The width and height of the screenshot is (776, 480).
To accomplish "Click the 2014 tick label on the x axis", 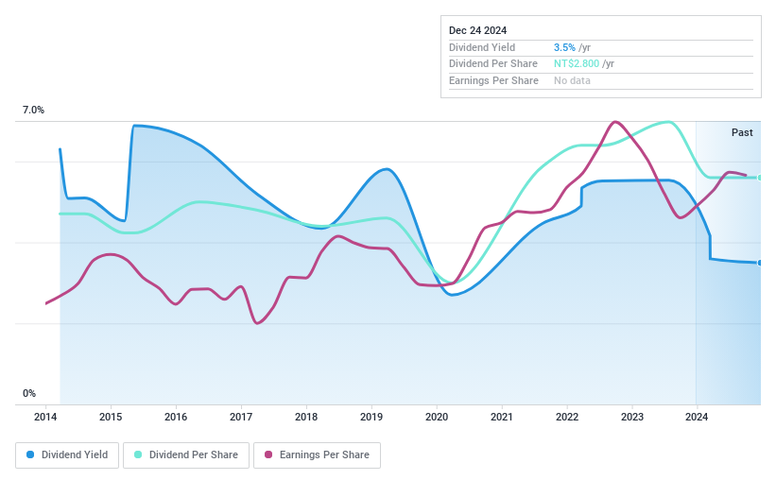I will tap(45, 417).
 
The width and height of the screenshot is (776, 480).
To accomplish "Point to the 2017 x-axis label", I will tap(241, 417).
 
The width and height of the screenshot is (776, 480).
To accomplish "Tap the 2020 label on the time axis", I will tap(436, 417).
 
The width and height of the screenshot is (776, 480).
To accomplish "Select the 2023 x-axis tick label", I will tap(631, 417).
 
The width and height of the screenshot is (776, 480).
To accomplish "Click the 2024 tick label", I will tap(697, 417).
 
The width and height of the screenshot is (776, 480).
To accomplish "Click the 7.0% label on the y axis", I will tap(33, 111).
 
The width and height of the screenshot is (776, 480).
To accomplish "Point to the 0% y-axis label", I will tap(29, 393).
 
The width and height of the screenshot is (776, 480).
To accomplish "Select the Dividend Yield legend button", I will tap(67, 454).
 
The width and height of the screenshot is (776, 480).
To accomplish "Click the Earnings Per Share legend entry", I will tap(317, 454).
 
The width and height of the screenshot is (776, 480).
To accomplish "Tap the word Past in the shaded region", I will tap(742, 132).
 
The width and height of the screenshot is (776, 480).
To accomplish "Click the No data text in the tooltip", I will tap(573, 81).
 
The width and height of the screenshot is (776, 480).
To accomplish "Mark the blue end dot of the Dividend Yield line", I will tap(760, 263).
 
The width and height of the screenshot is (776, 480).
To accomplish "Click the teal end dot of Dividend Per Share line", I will tap(760, 178).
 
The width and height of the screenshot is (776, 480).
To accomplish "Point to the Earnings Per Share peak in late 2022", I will tap(615, 122).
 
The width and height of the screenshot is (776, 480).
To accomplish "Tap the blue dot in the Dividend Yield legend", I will tap(30, 454).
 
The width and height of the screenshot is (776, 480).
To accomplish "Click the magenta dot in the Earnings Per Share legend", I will tap(268, 454).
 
